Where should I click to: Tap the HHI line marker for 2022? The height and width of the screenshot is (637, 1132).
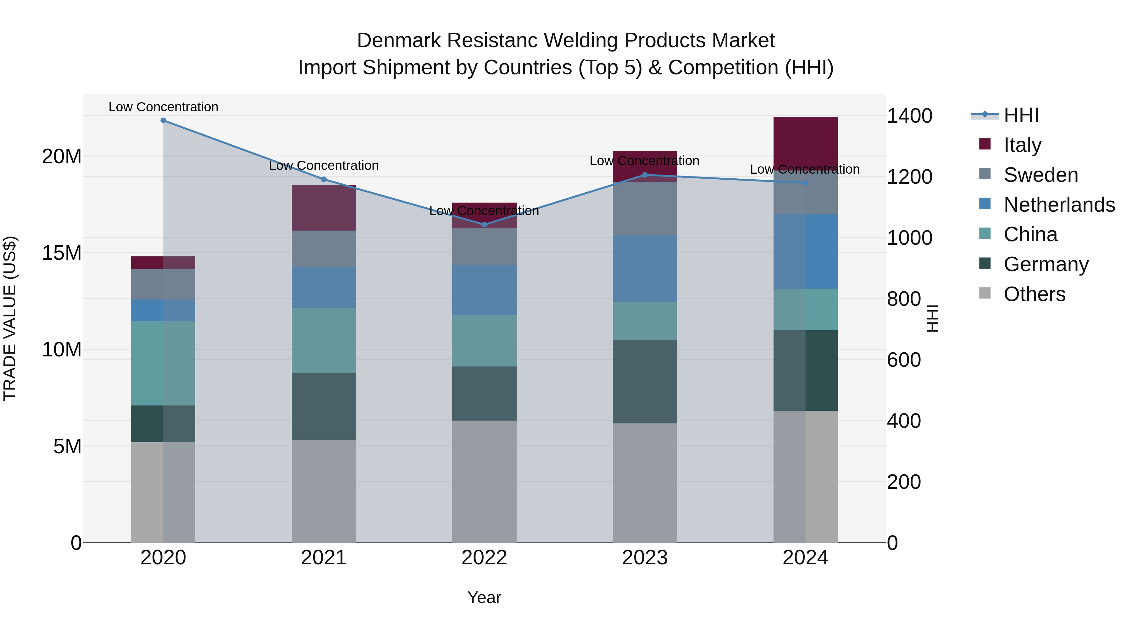click(484, 225)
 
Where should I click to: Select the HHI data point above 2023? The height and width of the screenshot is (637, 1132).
click(645, 175)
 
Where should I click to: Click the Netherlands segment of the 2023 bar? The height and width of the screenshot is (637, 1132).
click(645, 269)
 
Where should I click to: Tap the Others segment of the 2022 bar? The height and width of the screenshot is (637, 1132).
click(484, 481)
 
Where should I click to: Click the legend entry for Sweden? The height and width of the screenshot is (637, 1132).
click(1040, 175)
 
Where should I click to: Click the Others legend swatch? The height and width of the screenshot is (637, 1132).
click(985, 293)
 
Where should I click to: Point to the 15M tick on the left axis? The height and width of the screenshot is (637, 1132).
click(62, 253)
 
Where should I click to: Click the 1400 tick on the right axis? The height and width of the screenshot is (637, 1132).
click(909, 116)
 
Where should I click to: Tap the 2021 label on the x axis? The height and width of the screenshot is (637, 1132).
click(324, 558)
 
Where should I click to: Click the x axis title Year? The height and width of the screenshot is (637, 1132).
click(484, 597)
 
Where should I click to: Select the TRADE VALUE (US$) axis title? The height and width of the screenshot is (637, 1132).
click(10, 318)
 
